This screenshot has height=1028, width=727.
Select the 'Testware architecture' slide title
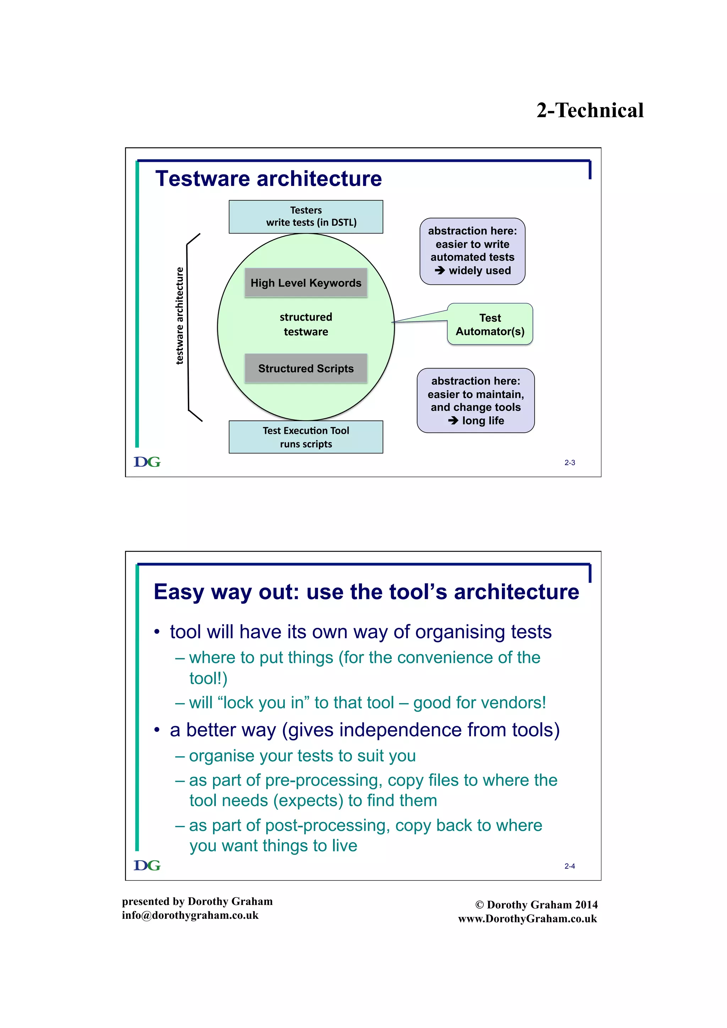(268, 179)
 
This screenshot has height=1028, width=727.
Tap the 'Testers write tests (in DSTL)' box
(306, 217)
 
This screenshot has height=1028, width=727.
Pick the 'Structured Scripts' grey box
(306, 369)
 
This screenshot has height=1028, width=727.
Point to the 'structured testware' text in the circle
(306, 325)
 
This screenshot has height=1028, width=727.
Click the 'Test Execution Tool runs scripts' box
(306, 437)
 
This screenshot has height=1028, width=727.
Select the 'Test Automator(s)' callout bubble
(490, 325)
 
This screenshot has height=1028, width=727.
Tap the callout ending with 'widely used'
(472, 251)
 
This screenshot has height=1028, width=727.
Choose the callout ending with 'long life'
(475, 401)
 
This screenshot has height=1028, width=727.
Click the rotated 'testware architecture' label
(180, 316)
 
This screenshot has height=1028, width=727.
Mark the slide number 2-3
(569, 463)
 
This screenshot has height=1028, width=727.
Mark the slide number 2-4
(569, 866)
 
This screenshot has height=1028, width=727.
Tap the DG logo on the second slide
(147, 866)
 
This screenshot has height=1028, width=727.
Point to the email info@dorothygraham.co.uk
(190, 915)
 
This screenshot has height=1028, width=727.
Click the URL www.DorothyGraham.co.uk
(527, 919)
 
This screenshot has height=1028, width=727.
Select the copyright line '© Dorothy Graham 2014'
(536, 905)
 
